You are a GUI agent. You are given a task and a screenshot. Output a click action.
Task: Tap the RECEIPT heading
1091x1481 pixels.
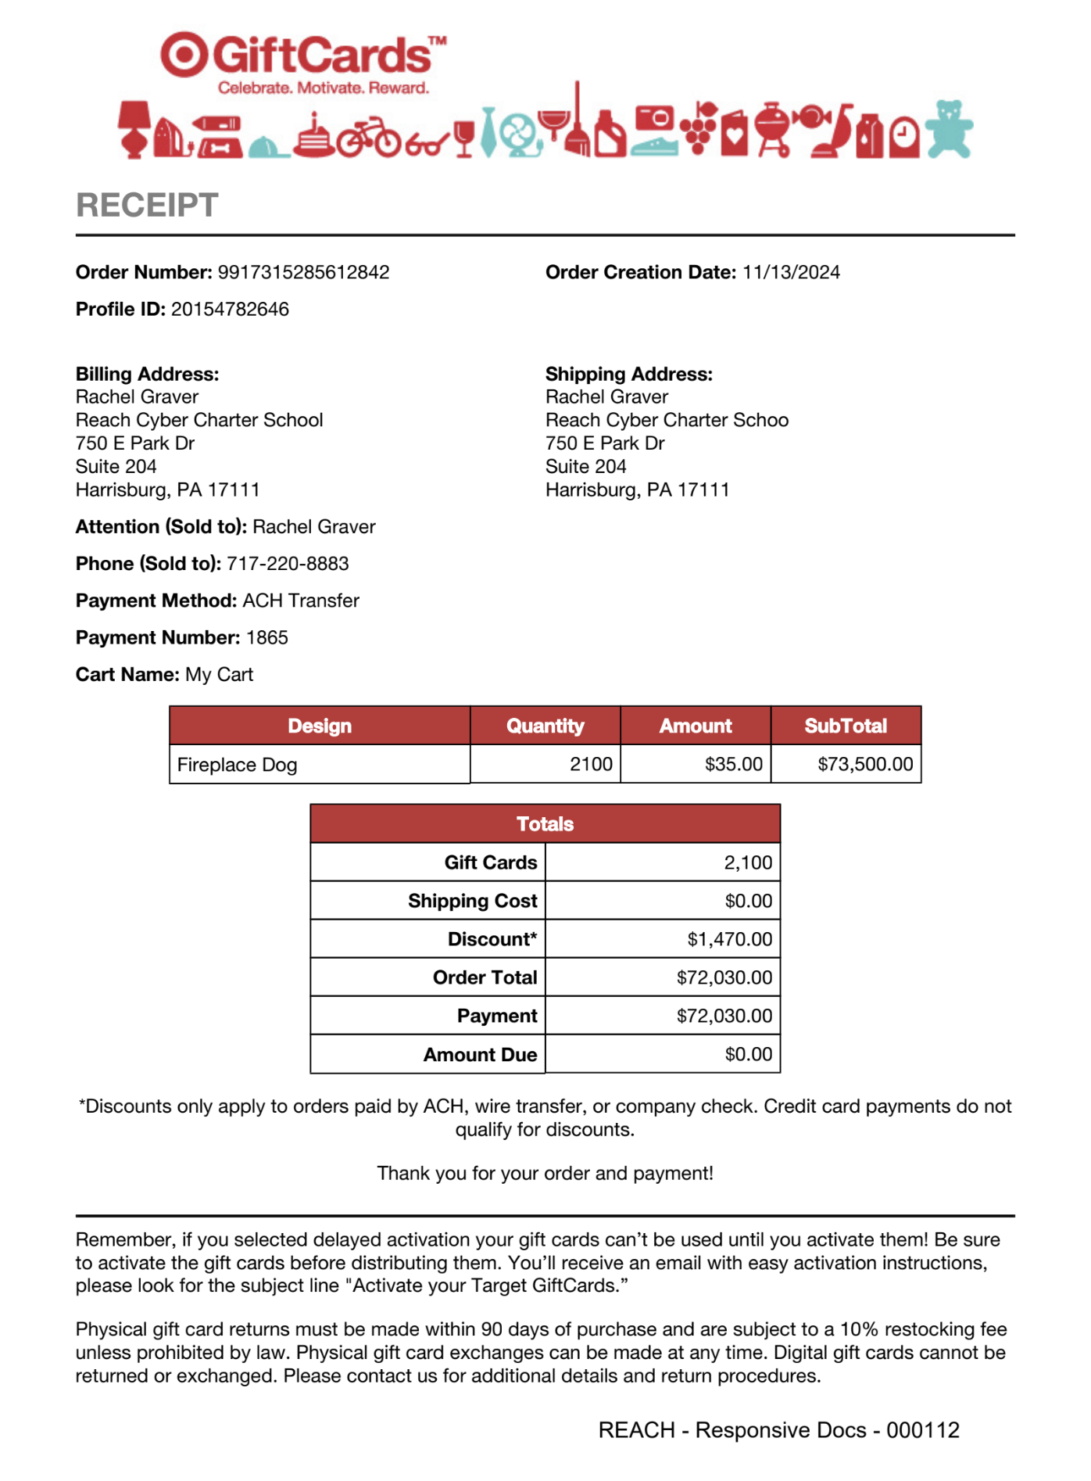pos(147,206)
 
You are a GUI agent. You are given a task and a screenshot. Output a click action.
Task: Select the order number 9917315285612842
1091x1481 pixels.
pos(303,272)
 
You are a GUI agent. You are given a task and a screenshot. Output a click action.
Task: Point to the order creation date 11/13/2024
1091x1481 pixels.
pos(791,272)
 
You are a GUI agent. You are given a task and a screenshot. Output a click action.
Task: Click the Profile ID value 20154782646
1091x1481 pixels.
pos(230,309)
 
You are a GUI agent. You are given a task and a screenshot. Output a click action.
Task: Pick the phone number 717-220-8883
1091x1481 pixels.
pos(288,564)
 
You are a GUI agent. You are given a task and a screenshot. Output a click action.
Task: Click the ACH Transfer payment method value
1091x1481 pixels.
pos(301,601)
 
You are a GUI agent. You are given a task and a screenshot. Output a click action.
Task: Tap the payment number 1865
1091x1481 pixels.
pos(267,637)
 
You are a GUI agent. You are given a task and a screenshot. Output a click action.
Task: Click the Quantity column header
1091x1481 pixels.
pos(545,726)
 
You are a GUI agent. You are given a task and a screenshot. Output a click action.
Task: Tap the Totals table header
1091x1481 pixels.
pos(545,823)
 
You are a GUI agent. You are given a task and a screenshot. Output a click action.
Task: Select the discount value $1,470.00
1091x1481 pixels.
pos(729,939)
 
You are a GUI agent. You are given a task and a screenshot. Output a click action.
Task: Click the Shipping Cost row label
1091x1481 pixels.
pos(472,901)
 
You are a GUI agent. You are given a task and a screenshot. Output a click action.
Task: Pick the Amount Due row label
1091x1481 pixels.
pos(480,1055)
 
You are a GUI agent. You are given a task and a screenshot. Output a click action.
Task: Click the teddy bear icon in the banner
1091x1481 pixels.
pos(949,130)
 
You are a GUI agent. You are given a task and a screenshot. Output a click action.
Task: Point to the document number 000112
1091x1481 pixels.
pos(922,1430)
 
